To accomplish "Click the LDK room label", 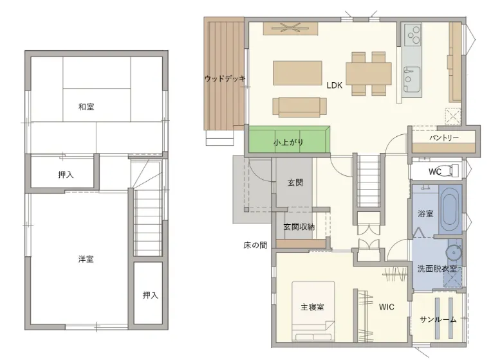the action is pos(334,85).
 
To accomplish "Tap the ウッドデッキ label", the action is pos(225,78).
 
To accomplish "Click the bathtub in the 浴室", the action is pos(450,209).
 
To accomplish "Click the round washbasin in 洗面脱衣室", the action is pos(454,252).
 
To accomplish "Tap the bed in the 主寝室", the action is pos(313,311).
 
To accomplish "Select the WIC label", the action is pos(386,307).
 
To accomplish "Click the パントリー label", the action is pos(443,137).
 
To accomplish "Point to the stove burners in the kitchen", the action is pos(413,35).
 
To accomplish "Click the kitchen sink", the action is pos(412,78).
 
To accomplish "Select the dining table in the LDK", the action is pos(369,73).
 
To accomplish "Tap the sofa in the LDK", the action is pos(300,107).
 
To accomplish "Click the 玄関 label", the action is pos(295,182).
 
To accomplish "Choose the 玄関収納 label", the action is pos(299,227).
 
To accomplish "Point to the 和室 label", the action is pos(86,107).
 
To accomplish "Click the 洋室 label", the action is pos(86,259).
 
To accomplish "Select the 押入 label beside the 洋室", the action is pos(150,295).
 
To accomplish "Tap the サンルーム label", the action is pos(438,319).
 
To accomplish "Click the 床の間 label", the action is pos(255,245).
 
